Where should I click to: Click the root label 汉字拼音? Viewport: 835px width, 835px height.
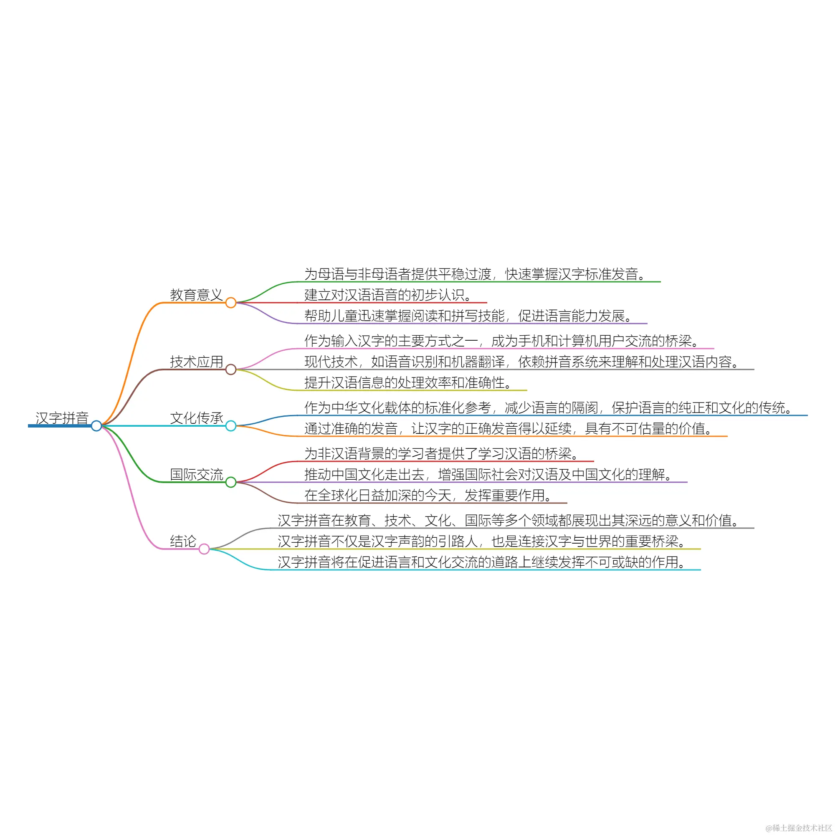pyautogui.click(x=62, y=418)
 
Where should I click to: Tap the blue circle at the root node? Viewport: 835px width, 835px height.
pyautogui.click(x=96, y=426)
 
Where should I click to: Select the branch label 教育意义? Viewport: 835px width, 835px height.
pyautogui.click(x=196, y=295)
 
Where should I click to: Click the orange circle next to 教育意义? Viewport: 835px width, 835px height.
pyautogui.click(x=231, y=303)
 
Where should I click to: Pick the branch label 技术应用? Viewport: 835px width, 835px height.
pyautogui.click(x=196, y=361)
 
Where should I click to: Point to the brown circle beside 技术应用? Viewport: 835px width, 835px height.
pyautogui.click(x=231, y=369)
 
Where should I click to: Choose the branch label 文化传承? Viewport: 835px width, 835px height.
pyautogui.click(x=196, y=418)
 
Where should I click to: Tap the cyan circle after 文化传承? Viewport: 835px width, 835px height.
pyautogui.click(x=231, y=426)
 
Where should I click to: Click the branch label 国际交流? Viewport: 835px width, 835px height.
pyautogui.click(x=196, y=474)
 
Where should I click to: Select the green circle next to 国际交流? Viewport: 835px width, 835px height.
pyautogui.click(x=231, y=482)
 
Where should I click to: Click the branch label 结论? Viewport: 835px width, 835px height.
pyautogui.click(x=183, y=541)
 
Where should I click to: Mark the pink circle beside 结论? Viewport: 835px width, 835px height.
pyautogui.click(x=204, y=549)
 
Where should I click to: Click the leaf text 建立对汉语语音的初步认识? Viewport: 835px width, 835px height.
pyautogui.click(x=388, y=295)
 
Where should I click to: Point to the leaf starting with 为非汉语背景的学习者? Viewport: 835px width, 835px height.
pyautogui.click(x=441, y=453)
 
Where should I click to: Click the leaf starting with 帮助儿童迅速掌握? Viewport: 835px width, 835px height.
pyautogui.click(x=468, y=316)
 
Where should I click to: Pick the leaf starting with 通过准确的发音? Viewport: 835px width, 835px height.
pyautogui.click(x=508, y=428)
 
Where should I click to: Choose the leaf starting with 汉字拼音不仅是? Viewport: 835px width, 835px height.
pyautogui.click(x=481, y=541)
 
